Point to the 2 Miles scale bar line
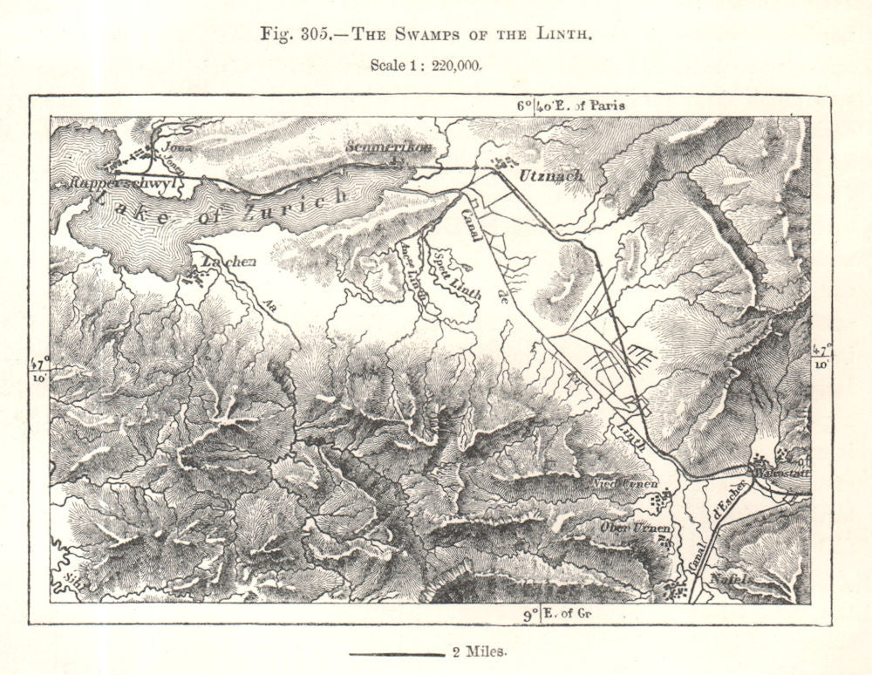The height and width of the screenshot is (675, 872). tap(398, 652)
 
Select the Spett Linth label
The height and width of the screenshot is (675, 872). tap(455, 275)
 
